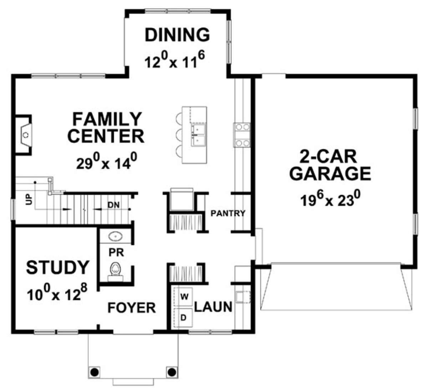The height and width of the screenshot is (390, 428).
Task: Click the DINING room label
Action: point(177,35)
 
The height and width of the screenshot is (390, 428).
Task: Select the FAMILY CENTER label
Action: point(106,128)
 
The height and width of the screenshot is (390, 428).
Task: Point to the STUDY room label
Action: point(58,267)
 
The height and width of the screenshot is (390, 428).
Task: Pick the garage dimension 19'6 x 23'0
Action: point(331,199)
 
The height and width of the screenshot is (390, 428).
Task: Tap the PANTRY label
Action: point(228,213)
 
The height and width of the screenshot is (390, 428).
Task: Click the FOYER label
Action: point(132,308)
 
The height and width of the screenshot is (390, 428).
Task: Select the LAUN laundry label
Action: point(213,307)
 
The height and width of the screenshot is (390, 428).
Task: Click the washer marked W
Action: point(184,297)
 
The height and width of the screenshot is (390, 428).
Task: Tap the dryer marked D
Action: point(184,318)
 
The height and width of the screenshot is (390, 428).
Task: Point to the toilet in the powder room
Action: point(116,272)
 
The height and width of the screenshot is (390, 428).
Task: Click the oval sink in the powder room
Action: point(116,236)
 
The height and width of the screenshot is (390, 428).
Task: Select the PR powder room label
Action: point(116,253)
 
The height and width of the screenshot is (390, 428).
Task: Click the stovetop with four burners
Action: point(242,135)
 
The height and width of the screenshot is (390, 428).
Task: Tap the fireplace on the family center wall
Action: point(24,135)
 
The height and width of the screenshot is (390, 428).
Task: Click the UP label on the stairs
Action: point(29,200)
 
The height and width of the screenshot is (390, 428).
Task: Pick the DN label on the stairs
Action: point(114,205)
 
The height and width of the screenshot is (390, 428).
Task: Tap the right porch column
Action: point(172,372)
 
